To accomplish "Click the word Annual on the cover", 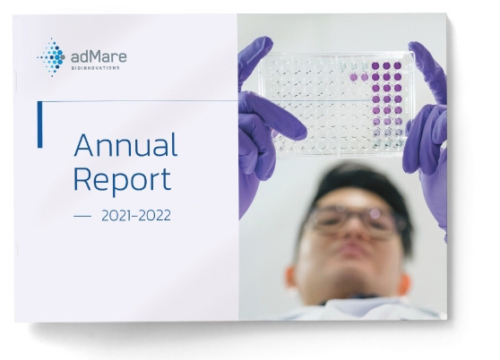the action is pyautogui.click(x=125, y=145).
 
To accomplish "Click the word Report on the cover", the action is pyautogui.click(x=123, y=180).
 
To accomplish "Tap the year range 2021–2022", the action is pyautogui.click(x=136, y=216).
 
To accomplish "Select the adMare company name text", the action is pyautogui.click(x=99, y=57).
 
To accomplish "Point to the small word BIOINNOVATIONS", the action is pyautogui.click(x=95, y=68).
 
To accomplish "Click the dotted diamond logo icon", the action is pyautogui.click(x=51, y=57).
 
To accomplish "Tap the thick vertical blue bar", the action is pyautogui.click(x=39, y=124).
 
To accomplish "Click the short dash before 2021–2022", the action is pyautogui.click(x=82, y=217).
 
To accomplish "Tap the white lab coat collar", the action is pyautogui.click(x=360, y=307).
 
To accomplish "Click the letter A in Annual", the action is pyautogui.click(x=83, y=145).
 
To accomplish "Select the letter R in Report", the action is pyautogui.click(x=82, y=179).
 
